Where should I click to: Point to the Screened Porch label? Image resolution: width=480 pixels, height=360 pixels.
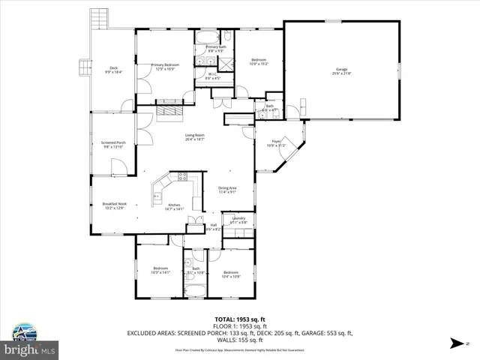coord(113,143)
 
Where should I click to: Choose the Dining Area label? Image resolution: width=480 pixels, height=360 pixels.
coord(227,190)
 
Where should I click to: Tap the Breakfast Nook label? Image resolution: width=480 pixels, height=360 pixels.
coord(114,205)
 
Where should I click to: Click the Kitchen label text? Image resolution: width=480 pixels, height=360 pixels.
coord(174,206)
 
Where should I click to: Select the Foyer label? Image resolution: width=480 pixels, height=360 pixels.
coord(276,142)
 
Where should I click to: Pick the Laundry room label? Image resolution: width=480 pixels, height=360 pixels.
coord(238,220)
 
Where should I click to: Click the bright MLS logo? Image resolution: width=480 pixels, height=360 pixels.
coord(30,349)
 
